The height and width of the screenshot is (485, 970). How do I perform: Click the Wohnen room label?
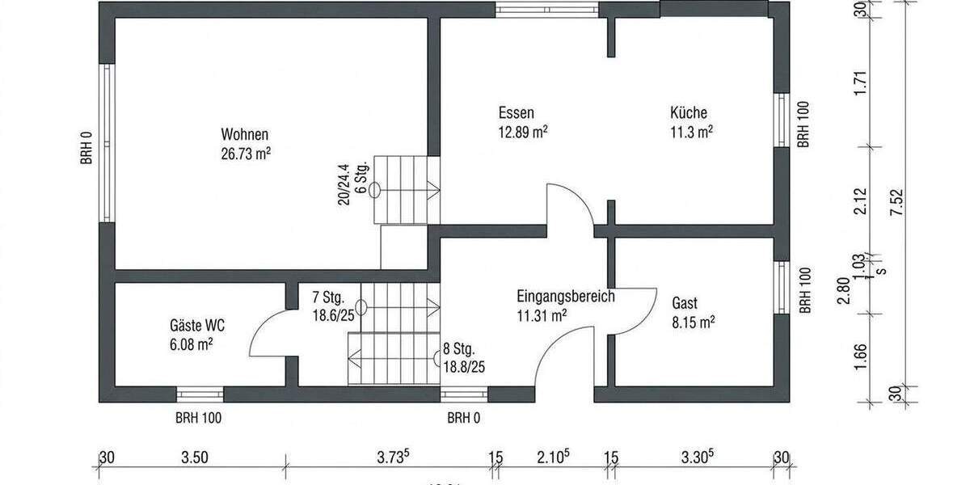(245, 134)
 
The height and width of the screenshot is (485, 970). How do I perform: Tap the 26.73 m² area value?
(245, 154)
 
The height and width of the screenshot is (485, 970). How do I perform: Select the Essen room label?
(516, 113)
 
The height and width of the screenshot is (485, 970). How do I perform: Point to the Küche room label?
(689, 113)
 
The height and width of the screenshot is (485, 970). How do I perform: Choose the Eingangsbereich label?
(565, 296)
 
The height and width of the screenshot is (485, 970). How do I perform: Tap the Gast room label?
(685, 304)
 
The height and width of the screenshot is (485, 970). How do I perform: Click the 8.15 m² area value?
(693, 323)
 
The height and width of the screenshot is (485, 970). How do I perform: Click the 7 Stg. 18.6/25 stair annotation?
(332, 305)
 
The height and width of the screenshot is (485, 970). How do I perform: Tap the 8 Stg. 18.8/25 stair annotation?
(464, 358)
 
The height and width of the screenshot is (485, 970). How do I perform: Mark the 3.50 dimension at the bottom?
(195, 457)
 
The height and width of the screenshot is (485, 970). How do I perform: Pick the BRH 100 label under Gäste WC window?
(198, 419)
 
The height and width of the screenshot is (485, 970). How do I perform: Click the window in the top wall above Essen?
(546, 10)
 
